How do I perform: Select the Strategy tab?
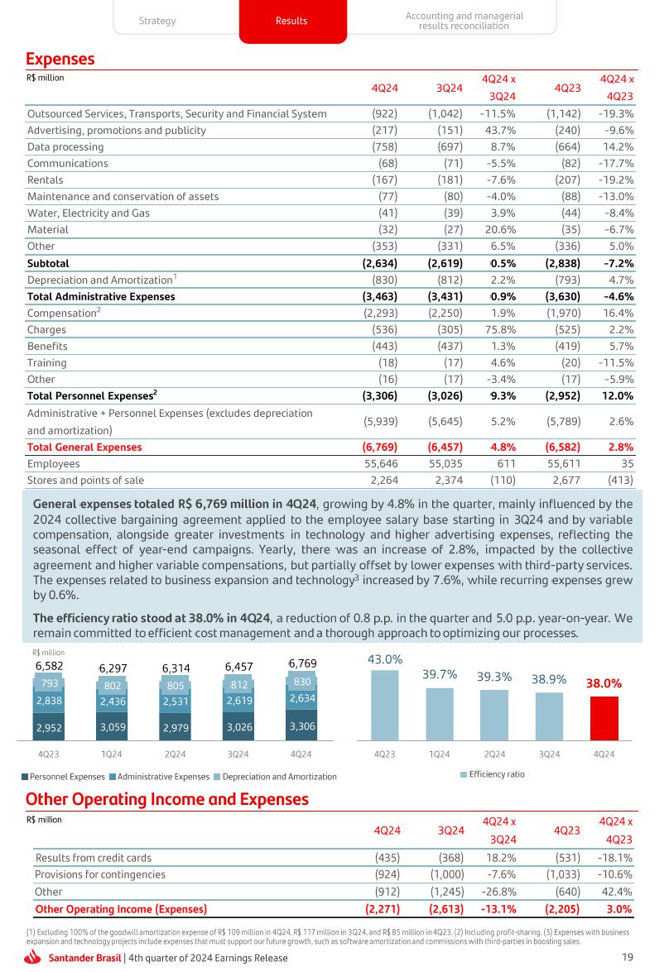[156, 21]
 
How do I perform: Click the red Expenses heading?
[60, 59]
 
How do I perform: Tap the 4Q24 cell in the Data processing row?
[382, 146]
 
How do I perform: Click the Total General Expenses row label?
[84, 447]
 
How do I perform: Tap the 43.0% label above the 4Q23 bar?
[385, 659]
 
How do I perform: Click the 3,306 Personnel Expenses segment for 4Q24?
[301, 726]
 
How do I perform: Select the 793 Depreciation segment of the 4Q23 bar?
[49, 683]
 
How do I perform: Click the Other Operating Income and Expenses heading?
[166, 798]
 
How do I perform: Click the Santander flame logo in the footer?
[35, 958]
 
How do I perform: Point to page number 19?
[627, 957]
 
